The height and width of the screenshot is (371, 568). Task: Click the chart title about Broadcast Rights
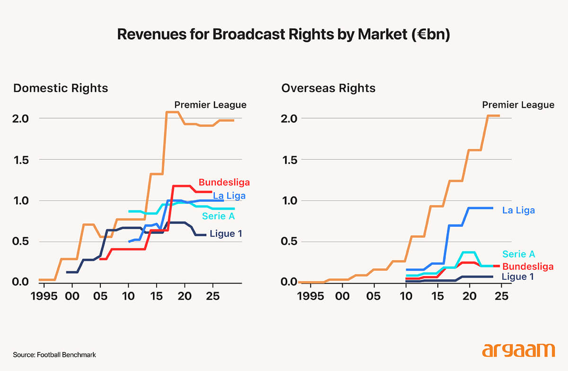[283, 35]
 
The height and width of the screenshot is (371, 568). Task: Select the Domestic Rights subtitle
[61, 88]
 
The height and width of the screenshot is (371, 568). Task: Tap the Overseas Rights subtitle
[328, 88]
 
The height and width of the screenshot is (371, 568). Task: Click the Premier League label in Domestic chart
[210, 105]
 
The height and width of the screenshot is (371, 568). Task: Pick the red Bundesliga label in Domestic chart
[224, 182]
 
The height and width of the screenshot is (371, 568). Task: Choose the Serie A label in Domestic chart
[219, 216]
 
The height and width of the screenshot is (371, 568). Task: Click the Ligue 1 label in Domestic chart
[229, 233]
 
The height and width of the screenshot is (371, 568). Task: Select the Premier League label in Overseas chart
[518, 105]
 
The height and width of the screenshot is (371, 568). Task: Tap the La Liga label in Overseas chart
[518, 210]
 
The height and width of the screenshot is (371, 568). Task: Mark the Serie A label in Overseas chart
[519, 254]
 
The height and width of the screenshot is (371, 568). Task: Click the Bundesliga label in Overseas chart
[527, 266]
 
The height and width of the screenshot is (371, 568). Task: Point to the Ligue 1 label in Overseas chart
[521, 276]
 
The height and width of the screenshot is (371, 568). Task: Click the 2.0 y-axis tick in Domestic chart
[21, 118]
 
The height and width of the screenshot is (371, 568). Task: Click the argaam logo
[518, 350]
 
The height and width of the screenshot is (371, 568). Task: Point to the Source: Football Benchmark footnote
[54, 354]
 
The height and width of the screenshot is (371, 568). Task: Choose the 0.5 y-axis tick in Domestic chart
[21, 242]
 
